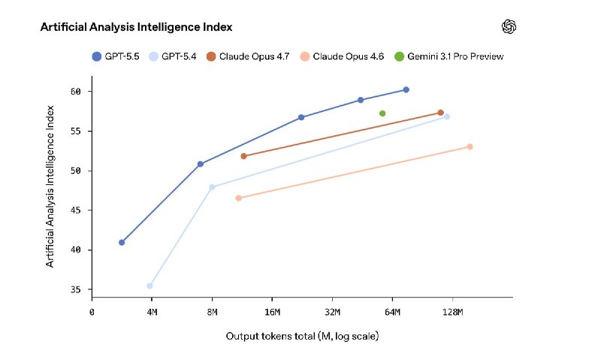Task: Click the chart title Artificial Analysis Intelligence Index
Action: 136,27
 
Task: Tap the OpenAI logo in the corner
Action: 509,27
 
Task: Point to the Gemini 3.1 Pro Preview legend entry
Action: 448,56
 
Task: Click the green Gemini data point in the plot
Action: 382,113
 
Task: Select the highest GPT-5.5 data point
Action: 406,89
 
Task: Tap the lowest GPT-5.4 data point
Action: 150,286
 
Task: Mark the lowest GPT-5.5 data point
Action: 122,242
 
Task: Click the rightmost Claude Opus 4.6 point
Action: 470,147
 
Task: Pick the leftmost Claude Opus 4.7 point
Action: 243,156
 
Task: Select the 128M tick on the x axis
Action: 452,311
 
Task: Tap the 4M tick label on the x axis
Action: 152,311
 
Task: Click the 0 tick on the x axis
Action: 92,311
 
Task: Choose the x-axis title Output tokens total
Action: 302,336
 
